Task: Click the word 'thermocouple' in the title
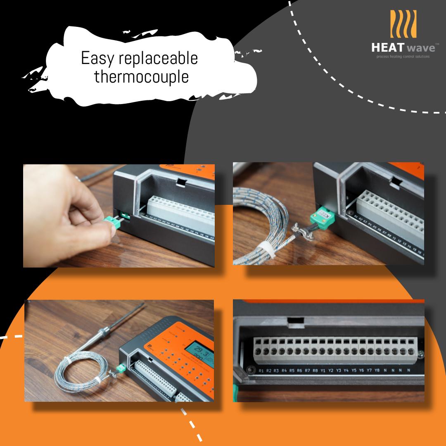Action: [x=141, y=77]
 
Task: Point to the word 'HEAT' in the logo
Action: [x=386, y=47]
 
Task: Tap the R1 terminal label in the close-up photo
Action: [x=261, y=370]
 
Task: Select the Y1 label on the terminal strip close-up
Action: [x=323, y=370]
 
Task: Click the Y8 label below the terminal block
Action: [x=377, y=370]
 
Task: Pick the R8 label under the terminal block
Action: [x=315, y=370]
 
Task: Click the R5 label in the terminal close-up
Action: [x=292, y=370]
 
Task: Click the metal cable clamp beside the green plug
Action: [x=299, y=229]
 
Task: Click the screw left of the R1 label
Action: [x=250, y=369]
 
